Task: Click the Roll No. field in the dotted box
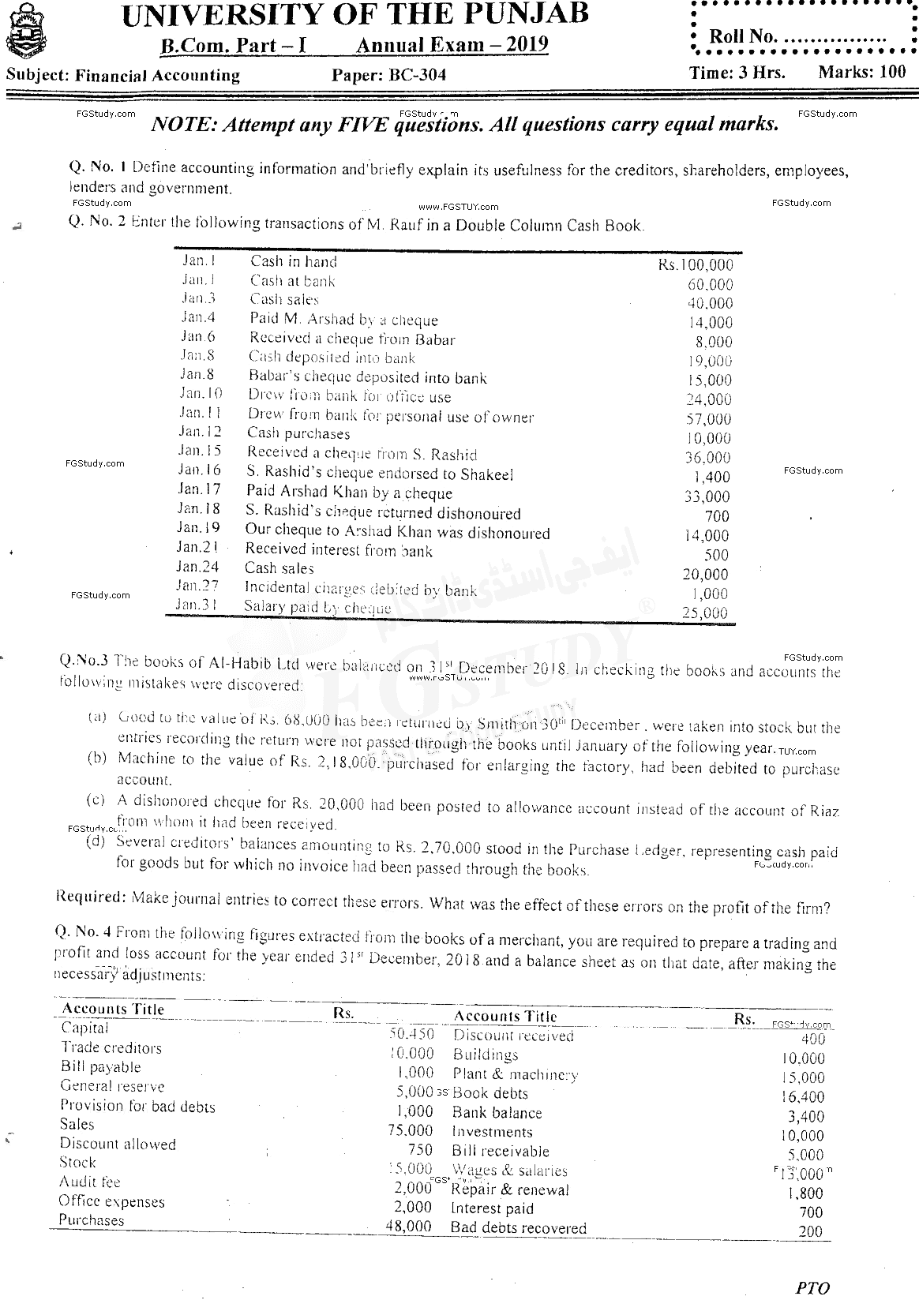[797, 37]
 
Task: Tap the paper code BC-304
[389, 75]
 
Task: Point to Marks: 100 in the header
[862, 72]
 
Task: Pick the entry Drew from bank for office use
[350, 396]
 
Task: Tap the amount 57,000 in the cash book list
[708, 419]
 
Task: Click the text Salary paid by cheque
[317, 607]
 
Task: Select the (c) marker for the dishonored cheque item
[96, 800]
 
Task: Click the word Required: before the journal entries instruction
[91, 898]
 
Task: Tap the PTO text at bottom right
[813, 1287]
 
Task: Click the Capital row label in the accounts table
[85, 1028]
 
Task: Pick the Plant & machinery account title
[515, 1074]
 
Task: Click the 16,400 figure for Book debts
[805, 1097]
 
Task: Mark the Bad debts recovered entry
[518, 1227]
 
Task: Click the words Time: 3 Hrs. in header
[736, 73]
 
